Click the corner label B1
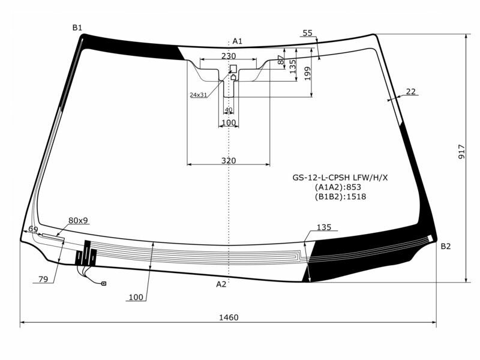pos(77,28)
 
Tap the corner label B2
pos(446,247)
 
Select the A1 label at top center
pos(237,41)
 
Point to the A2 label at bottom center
pos(221,284)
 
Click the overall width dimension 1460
pos(229,317)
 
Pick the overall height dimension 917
pos(461,152)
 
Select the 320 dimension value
pos(229,160)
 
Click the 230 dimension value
pos(229,56)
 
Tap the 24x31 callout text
pos(198,95)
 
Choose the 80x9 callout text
pos(78,220)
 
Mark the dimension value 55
pos(308,34)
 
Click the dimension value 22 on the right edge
pos(410,92)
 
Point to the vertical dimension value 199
pos(307,73)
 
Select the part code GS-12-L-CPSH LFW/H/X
pos(340,178)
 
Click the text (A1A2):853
pos(340,187)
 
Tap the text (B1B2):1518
pos(340,196)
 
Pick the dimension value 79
pos(43,279)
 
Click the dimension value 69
pos(33,230)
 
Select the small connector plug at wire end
pos(104,283)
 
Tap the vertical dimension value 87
pos(280,60)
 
